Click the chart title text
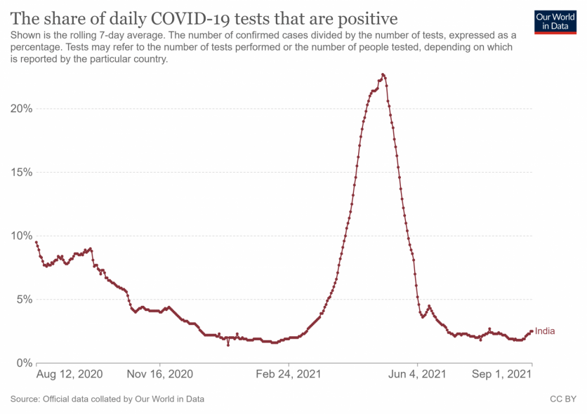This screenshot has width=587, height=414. (x=204, y=18)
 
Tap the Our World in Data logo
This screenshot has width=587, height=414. (x=550, y=20)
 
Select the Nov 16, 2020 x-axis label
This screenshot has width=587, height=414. (x=159, y=375)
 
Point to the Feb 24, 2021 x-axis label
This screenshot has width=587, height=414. (x=289, y=375)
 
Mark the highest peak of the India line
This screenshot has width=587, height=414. (x=383, y=74)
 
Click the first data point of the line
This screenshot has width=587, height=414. (x=36, y=242)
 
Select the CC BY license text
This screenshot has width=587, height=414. (x=563, y=399)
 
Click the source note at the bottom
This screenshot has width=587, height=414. (x=107, y=399)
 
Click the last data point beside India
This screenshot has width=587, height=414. (x=532, y=331)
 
